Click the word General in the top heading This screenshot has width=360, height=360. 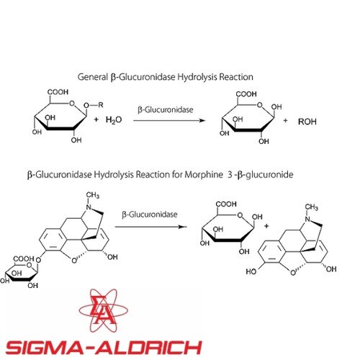pyautogui.click(x=93, y=77)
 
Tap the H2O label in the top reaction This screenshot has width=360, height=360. pyautogui.click(x=114, y=120)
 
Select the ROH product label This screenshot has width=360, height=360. pyautogui.click(x=307, y=122)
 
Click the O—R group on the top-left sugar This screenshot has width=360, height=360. pyautogui.click(x=94, y=105)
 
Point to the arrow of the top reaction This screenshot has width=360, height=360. pyautogui.click(x=169, y=120)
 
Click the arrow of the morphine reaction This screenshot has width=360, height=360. pyautogui.click(x=151, y=227)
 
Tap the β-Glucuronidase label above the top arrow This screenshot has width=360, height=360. pyautogui.click(x=166, y=109)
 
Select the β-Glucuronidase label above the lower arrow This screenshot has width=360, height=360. pyautogui.click(x=150, y=215)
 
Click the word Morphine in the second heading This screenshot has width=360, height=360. pyautogui.click(x=204, y=174)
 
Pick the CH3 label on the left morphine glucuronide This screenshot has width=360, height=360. pyautogui.click(x=93, y=195)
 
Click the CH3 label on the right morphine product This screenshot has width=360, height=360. pyautogui.click(x=312, y=207)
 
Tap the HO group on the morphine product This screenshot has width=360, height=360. pyautogui.click(x=251, y=271)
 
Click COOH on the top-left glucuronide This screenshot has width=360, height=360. pyautogui.click(x=58, y=92)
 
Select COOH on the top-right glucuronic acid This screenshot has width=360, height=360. pyautogui.click(x=246, y=94)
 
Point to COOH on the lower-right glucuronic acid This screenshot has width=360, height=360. pyautogui.click(x=226, y=204)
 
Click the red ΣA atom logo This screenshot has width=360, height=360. pyautogui.click(x=104, y=310)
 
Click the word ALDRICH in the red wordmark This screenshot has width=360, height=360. pyautogui.click(x=148, y=347)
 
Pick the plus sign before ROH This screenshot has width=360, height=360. pyautogui.click(x=285, y=120)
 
